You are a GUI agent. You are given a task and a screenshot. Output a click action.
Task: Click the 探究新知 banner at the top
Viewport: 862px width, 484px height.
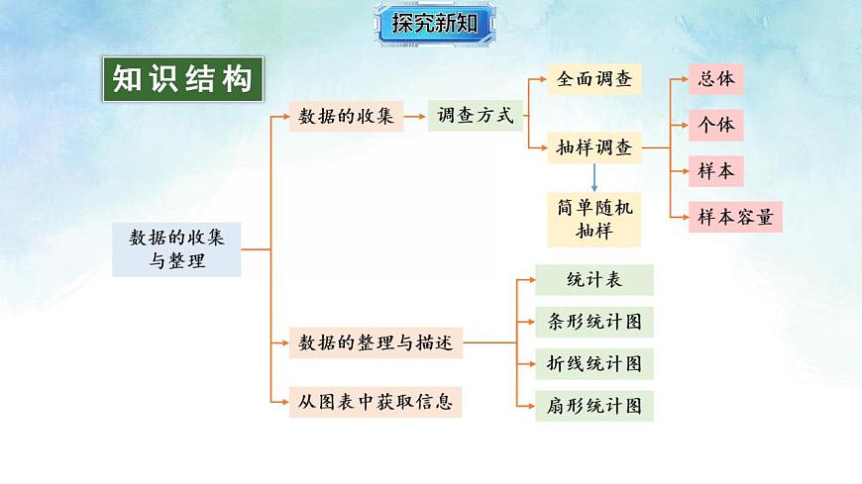click(435, 24)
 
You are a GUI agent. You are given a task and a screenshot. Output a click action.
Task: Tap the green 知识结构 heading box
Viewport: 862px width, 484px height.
click(183, 80)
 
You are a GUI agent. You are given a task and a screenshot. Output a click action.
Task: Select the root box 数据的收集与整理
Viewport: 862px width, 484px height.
click(176, 249)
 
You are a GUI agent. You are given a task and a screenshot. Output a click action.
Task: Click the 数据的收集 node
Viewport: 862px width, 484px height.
click(346, 117)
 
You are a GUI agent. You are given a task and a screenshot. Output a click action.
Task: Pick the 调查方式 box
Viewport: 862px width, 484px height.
click(476, 117)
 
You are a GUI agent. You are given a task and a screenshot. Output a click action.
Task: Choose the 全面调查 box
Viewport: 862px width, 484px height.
click(594, 79)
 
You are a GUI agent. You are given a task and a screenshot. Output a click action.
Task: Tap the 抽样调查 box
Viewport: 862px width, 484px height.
click(594, 149)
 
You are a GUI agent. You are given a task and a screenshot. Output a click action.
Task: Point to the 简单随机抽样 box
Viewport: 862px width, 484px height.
click(594, 220)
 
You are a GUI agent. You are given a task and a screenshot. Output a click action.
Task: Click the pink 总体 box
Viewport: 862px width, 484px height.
click(715, 79)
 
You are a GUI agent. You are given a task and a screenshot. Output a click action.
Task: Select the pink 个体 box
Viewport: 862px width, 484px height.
click(715, 126)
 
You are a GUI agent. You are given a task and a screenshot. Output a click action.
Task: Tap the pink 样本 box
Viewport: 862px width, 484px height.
click(715, 171)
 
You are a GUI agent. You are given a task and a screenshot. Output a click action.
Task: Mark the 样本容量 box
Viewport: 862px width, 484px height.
click(735, 217)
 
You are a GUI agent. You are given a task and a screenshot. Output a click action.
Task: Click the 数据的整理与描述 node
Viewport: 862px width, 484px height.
click(376, 343)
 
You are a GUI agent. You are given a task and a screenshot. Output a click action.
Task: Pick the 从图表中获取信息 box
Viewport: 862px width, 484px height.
click(376, 402)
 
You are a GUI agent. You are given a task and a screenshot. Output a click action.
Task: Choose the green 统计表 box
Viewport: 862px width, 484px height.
click(594, 280)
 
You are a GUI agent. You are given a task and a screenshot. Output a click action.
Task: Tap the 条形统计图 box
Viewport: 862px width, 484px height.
click(594, 323)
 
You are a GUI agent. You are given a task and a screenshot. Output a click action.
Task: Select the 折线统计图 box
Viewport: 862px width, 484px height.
click(594, 363)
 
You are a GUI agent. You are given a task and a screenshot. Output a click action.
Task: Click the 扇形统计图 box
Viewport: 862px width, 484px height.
click(594, 406)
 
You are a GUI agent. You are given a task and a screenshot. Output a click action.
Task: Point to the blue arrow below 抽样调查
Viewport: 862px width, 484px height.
click(594, 178)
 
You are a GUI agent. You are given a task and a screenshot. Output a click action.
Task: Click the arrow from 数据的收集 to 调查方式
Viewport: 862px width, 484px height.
click(415, 117)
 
